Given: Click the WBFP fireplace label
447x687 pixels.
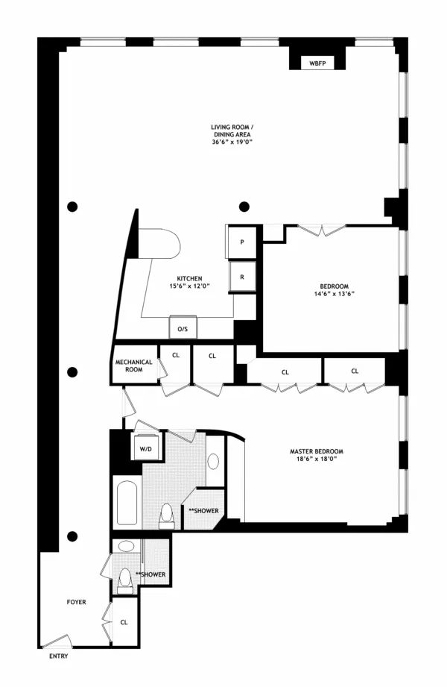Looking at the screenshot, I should tap(317, 64).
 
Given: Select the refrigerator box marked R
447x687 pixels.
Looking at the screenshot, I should tap(242, 275).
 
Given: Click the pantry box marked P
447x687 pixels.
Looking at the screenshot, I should tap(242, 242).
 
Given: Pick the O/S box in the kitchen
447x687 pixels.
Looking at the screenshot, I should tap(180, 329).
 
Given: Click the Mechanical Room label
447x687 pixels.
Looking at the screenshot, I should tap(134, 366).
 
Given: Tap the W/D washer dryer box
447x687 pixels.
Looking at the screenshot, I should tap(145, 448).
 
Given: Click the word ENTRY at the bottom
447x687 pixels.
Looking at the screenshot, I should tap(58, 656).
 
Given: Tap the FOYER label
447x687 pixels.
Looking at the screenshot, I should tap(76, 600).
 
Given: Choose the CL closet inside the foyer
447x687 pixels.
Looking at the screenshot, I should tap(124, 621).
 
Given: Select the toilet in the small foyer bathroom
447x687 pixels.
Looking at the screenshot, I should tap(124, 580).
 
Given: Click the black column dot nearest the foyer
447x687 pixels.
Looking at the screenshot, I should tap(72, 536).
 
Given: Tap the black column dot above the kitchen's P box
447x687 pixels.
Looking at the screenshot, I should tap(243, 206).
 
